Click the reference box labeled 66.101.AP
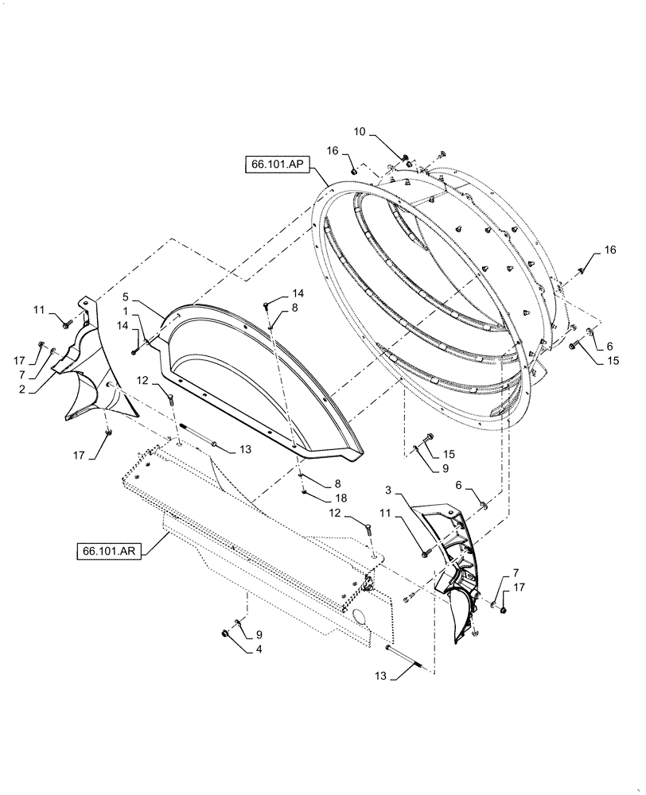click(x=276, y=165)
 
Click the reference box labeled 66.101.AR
click(x=109, y=550)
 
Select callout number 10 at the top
click(x=360, y=132)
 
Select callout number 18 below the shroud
click(x=319, y=497)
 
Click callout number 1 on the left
click(x=126, y=312)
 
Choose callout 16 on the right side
click(x=609, y=250)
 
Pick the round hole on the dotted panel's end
click(x=358, y=618)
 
